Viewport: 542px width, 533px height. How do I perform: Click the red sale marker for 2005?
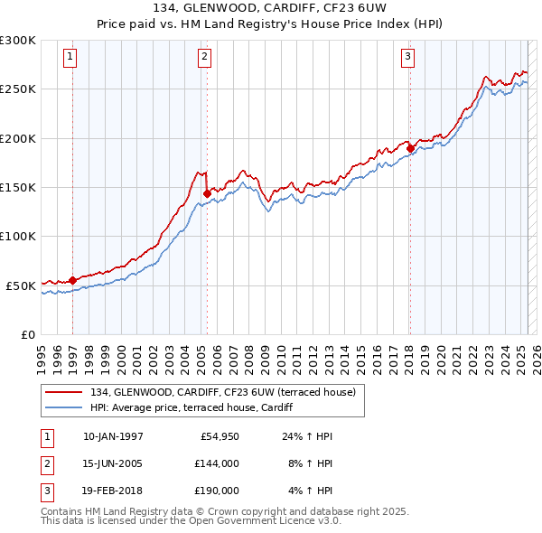[x=208, y=193]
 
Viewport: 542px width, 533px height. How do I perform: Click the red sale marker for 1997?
[x=72, y=280]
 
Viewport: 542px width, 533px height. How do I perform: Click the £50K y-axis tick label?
[x=20, y=285]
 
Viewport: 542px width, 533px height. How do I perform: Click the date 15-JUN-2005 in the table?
[x=113, y=463]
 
